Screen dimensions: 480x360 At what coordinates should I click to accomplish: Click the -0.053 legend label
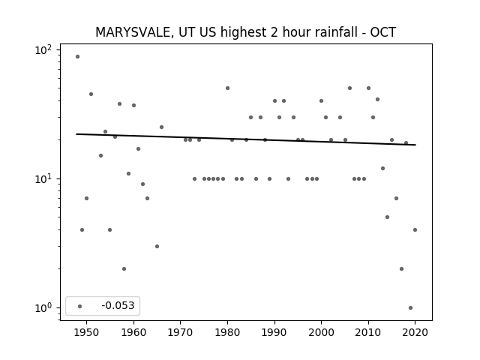[118, 305]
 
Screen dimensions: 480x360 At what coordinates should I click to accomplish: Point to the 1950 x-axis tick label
[87, 332]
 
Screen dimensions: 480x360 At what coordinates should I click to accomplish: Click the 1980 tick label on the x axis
[227, 332]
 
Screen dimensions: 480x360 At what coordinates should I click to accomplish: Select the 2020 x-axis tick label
[415, 332]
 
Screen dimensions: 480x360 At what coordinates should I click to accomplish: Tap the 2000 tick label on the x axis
[321, 332]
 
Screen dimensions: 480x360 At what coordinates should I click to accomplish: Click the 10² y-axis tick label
[43, 50]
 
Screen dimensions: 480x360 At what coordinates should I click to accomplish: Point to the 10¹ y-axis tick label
[43, 178]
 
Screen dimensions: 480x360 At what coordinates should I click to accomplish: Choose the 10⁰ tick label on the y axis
[43, 307]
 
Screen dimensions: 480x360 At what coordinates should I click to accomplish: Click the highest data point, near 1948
[77, 57]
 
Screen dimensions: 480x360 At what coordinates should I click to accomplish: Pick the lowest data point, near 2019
[410, 308]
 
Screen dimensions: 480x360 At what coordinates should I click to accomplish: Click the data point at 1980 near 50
[227, 88]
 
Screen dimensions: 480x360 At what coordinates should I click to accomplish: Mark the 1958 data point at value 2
[124, 268]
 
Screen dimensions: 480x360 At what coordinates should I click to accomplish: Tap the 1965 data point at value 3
[157, 247]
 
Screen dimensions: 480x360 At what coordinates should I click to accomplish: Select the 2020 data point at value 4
[415, 230]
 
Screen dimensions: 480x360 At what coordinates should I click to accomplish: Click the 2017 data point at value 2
[402, 268]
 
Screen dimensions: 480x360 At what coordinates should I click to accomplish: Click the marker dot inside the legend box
[80, 306]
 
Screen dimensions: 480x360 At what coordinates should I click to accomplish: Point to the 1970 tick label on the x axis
[181, 332]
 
